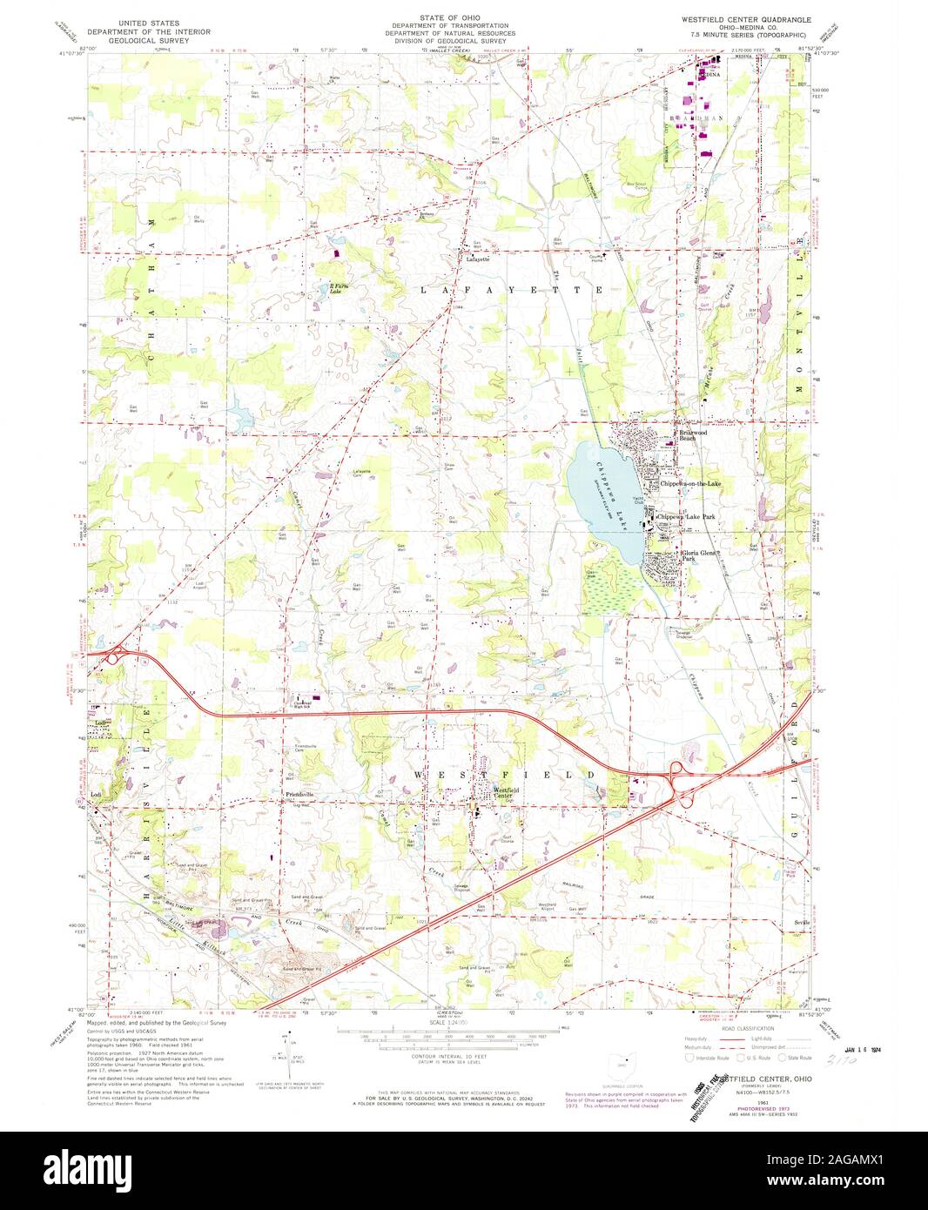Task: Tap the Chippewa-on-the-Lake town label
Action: [x=690, y=483]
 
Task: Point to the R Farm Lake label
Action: [x=328, y=289]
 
